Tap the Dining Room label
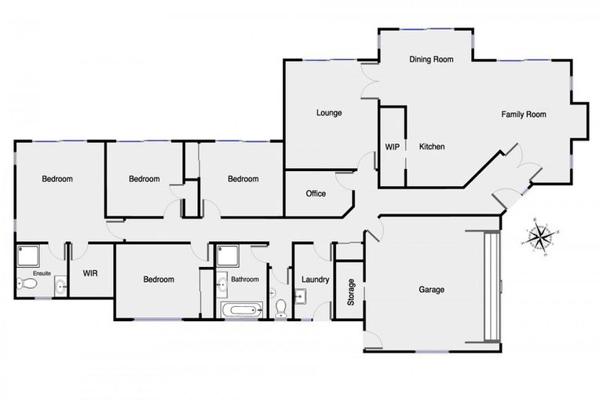(432, 59)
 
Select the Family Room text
(524, 115)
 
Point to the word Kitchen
(432, 147)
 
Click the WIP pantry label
(392, 147)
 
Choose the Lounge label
(329, 113)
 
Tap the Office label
(316, 194)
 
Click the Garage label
(431, 290)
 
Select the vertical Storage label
(351, 292)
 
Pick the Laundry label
(314, 280)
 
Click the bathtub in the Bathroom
(240, 310)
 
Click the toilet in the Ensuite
(24, 284)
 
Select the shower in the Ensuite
(28, 255)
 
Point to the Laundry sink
(301, 296)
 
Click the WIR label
(90, 274)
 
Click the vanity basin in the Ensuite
(60, 287)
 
